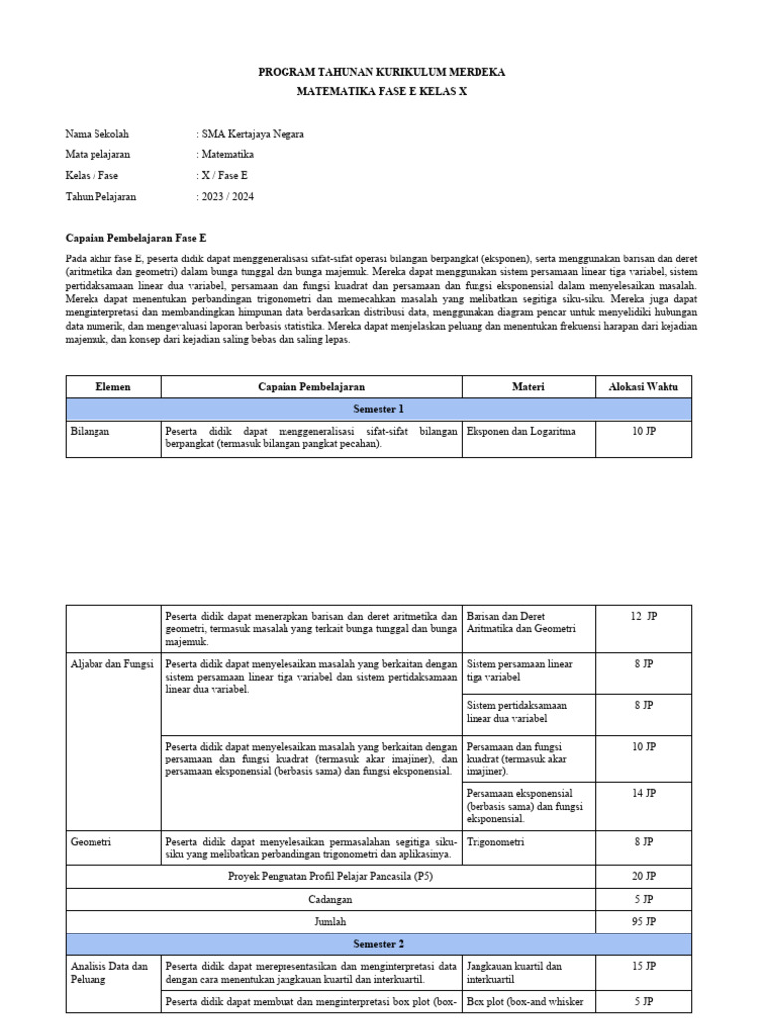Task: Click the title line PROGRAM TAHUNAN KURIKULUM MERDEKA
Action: click(x=382, y=73)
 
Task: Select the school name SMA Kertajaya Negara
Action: click(x=254, y=133)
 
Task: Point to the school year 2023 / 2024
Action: click(x=228, y=196)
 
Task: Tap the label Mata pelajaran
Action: click(x=97, y=154)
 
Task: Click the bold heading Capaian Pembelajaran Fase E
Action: click(x=135, y=239)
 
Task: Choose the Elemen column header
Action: click(x=113, y=386)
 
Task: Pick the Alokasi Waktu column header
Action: click(x=643, y=386)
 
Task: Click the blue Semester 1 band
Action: click(x=379, y=409)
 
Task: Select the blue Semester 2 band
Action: click(x=379, y=943)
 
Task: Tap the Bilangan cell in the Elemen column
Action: click(x=91, y=431)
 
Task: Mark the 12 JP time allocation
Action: click(x=643, y=616)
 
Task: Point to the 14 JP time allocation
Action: click(x=643, y=793)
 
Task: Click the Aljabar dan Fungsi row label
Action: click(x=111, y=663)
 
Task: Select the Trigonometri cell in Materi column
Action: click(x=494, y=841)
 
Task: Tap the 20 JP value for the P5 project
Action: click(x=643, y=876)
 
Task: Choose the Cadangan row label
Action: click(x=331, y=899)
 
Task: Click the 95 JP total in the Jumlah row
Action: click(x=643, y=922)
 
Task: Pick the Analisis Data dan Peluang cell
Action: click(x=109, y=972)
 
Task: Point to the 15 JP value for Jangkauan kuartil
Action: click(x=643, y=965)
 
